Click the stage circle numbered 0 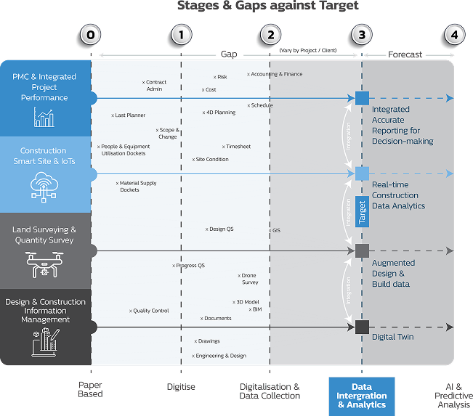(x=90, y=34)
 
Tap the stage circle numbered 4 (x=454, y=34)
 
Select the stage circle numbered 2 (x=270, y=34)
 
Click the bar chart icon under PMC (x=44, y=118)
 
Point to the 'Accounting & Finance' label (x=275, y=74)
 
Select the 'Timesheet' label (x=235, y=147)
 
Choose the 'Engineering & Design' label (x=219, y=356)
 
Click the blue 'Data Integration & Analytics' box (x=361, y=396)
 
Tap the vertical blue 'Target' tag (x=363, y=212)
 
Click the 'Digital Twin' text (x=393, y=337)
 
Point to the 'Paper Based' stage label (x=90, y=391)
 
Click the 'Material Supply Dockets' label (x=136, y=187)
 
